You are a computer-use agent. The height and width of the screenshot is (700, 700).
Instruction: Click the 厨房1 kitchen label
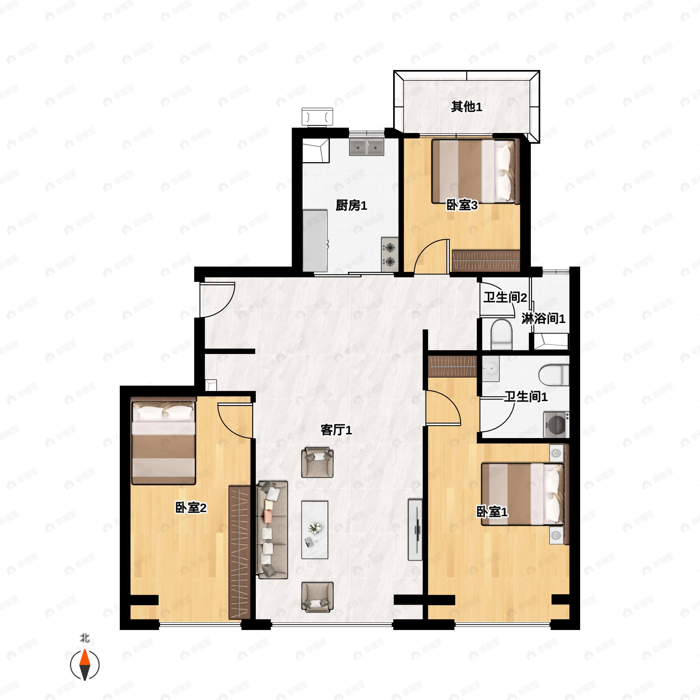click(351, 206)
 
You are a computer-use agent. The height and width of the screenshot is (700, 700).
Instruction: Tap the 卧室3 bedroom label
click(462, 205)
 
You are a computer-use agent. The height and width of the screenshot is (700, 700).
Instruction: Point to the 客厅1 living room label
click(336, 430)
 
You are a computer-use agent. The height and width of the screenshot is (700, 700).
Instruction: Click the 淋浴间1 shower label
click(543, 319)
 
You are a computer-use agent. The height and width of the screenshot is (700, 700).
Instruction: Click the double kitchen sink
click(366, 147)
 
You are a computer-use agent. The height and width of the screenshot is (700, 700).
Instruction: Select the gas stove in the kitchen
click(389, 255)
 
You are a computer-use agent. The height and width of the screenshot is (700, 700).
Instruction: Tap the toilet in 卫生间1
click(554, 375)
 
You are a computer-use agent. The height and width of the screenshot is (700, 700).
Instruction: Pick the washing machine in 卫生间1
click(556, 425)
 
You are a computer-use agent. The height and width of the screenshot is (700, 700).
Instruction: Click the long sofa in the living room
click(272, 530)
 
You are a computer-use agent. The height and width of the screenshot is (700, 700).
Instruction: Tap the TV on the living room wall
click(416, 530)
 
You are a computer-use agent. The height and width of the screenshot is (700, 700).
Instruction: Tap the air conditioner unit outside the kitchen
click(317, 117)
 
